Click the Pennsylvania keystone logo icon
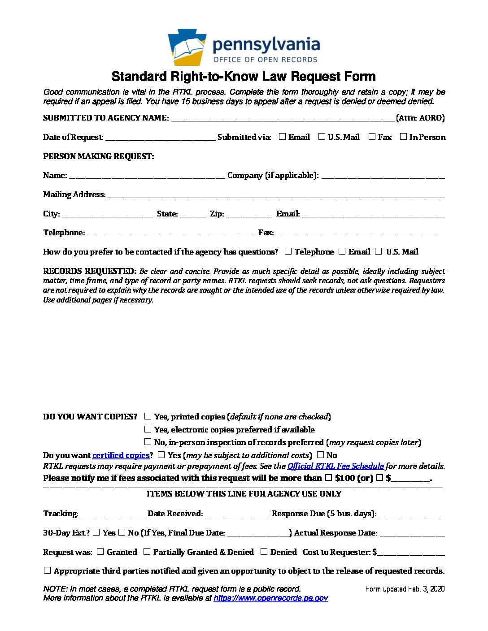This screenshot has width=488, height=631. [x=187, y=47]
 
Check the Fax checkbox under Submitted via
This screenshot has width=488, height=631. [x=372, y=137]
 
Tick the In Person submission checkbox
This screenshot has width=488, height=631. [x=403, y=137]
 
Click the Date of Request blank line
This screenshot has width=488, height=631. [x=161, y=138]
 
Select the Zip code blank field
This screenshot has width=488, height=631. [x=248, y=215]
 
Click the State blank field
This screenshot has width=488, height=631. [x=192, y=215]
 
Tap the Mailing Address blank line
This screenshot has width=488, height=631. [x=275, y=195]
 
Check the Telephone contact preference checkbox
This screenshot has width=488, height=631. [x=288, y=251]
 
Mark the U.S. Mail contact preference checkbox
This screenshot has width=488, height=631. [x=379, y=251]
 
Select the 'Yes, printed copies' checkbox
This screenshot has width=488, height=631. [x=148, y=416]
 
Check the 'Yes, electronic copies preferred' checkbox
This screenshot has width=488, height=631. [x=148, y=429]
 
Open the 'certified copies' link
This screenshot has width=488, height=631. [x=121, y=455]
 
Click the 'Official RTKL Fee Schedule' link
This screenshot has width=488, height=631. [x=335, y=466]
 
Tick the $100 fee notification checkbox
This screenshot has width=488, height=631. [x=328, y=478]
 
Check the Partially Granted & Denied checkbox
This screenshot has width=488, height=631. [x=147, y=552]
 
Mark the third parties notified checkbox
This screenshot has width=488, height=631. [x=47, y=570]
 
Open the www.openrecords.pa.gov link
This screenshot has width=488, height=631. [x=270, y=598]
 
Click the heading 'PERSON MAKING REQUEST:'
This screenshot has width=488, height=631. [x=98, y=156]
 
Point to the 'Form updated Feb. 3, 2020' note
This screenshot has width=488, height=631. [x=405, y=589]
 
